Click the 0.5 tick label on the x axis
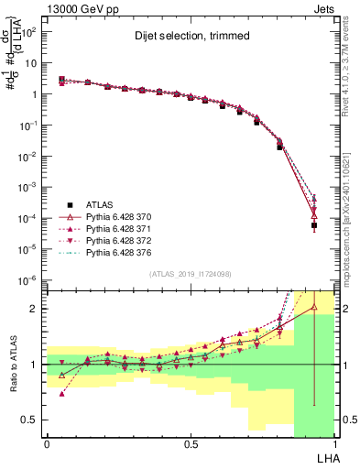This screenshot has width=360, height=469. click(x=191, y=443)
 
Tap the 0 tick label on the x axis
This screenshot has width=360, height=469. click(x=47, y=443)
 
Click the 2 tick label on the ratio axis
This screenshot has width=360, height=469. click(x=33, y=309)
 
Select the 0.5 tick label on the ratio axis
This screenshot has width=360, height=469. click(x=29, y=420)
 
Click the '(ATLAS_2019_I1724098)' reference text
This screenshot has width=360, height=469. click(x=191, y=274)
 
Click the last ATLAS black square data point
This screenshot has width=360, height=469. click(x=313, y=225)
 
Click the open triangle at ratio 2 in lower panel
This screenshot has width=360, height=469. click(x=313, y=309)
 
